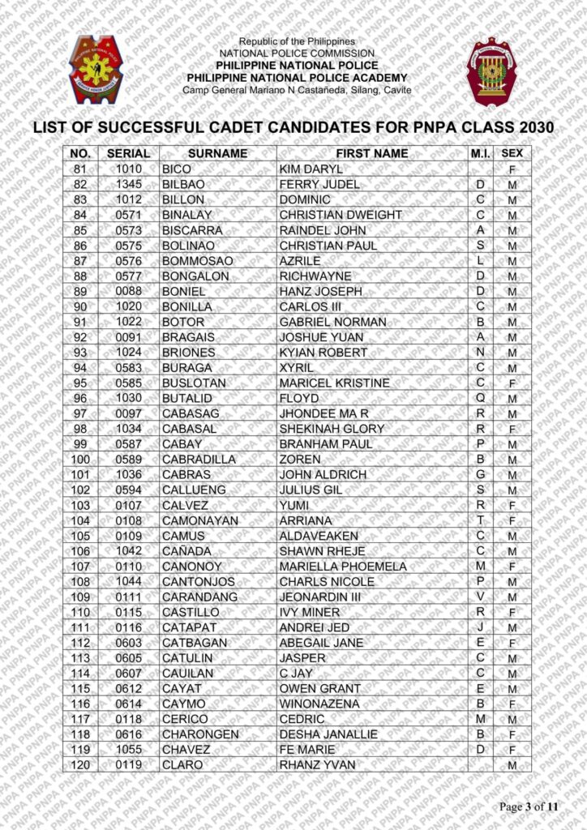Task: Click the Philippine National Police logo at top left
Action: [96, 69]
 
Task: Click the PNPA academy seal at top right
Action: [491, 71]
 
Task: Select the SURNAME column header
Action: [217, 153]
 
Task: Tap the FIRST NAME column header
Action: [372, 153]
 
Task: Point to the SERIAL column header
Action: [128, 153]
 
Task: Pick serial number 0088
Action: [128, 291]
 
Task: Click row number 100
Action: [80, 460]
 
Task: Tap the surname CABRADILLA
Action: [199, 460]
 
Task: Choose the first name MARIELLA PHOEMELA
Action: [343, 567]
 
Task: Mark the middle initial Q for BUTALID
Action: [481, 398]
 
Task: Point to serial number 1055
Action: [128, 750]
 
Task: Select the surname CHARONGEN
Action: [200, 734]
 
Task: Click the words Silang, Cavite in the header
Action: [379, 89]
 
